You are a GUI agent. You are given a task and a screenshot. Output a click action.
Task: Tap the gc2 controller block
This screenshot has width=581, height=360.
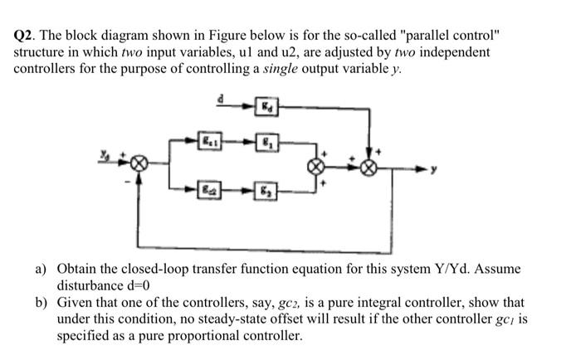pos(213,191)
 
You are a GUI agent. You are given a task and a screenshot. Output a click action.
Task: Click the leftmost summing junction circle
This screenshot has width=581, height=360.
pos(142,165)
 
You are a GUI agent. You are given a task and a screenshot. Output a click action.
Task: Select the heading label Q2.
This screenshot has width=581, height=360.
pos(26,37)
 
